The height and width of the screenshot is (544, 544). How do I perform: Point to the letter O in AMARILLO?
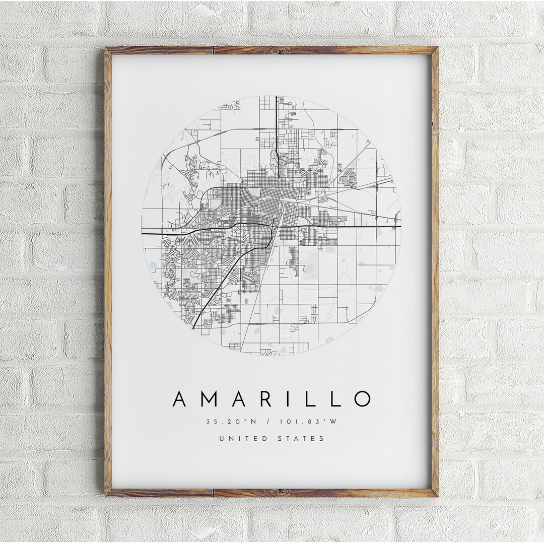point(362,398)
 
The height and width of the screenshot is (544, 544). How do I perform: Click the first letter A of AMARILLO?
point(181,398)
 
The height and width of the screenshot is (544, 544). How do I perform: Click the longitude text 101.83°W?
point(312,421)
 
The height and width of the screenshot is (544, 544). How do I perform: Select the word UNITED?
point(243,439)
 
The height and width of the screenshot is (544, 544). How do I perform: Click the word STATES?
point(301,439)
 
